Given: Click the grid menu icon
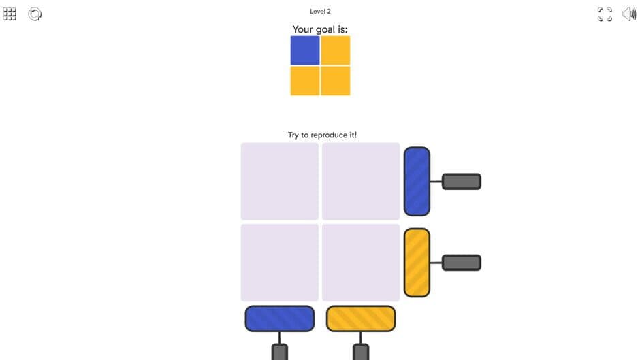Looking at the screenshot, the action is [10, 14].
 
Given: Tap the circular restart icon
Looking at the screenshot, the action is [35, 14].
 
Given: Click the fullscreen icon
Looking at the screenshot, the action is [605, 14].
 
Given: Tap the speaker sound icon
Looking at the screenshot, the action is [629, 14].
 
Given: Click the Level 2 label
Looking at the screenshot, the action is [320, 12].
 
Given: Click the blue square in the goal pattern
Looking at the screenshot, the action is [305, 50].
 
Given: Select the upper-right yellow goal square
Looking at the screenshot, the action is [336, 50].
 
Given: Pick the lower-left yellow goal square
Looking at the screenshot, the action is [305, 81].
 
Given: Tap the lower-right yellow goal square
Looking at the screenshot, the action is [336, 81].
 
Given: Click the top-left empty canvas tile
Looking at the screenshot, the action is [280, 181].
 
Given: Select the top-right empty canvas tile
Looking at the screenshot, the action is [361, 181].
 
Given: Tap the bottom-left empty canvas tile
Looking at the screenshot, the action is [280, 263].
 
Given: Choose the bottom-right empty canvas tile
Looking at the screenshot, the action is [361, 263].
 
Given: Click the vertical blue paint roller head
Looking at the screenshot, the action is [417, 181].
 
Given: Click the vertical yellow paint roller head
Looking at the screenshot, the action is [417, 263].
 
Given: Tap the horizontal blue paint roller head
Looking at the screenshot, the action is [280, 318].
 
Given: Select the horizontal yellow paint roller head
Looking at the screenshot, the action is [361, 318].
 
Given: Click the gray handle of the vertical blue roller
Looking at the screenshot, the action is [461, 181].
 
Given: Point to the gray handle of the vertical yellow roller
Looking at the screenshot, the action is [461, 263].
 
